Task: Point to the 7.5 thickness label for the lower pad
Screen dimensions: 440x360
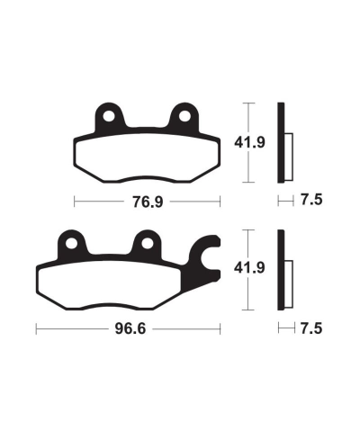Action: (x=310, y=330)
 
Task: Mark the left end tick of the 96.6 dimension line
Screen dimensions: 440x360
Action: (x=35, y=330)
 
